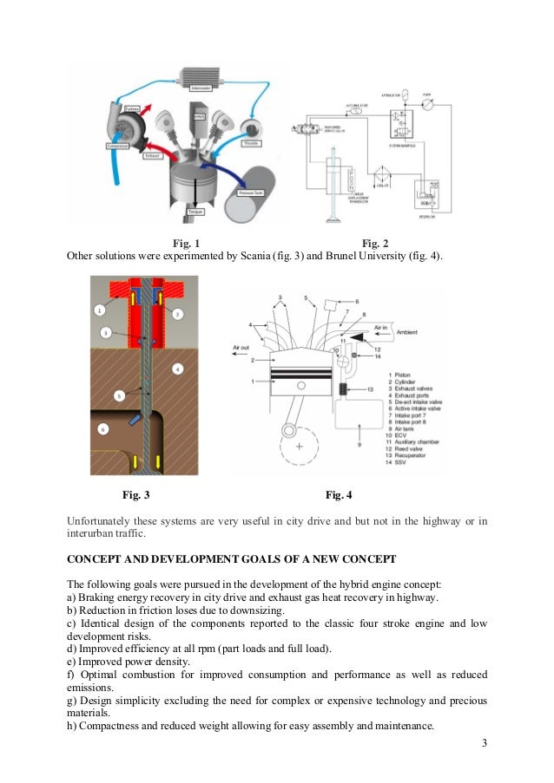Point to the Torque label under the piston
(195, 212)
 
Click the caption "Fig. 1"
(186, 243)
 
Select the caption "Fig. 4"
(339, 495)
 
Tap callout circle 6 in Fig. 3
(102, 429)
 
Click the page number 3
(482, 744)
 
